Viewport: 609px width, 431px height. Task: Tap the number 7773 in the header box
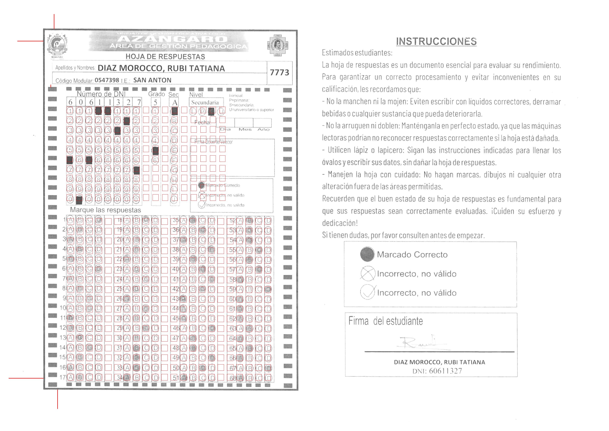click(x=279, y=72)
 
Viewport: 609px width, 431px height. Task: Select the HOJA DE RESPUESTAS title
click(x=165, y=56)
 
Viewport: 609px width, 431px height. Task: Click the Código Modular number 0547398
click(x=107, y=80)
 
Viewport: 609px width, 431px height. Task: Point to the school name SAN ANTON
click(x=152, y=80)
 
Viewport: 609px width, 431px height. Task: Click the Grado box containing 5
click(x=155, y=102)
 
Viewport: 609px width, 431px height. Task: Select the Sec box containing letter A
click(x=175, y=102)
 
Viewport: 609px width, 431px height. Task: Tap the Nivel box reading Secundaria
click(x=205, y=102)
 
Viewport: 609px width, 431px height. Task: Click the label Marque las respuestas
click(x=105, y=210)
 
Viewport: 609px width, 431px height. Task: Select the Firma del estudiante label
click(x=385, y=321)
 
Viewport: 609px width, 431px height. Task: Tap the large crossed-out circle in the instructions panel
click(x=368, y=273)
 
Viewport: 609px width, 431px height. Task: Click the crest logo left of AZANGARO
click(x=57, y=45)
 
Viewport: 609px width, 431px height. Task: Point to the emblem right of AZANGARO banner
click(x=277, y=45)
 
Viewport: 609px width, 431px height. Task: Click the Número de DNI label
click(x=101, y=94)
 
